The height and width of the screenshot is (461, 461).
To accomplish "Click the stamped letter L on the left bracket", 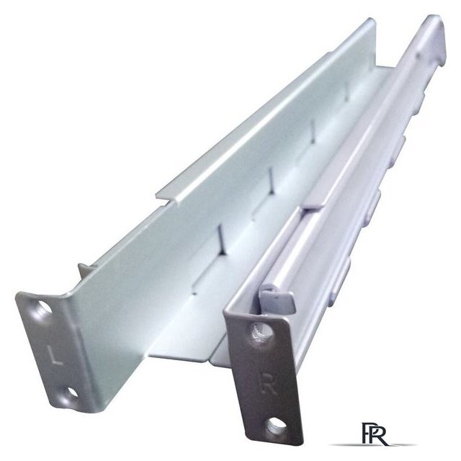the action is (55, 355).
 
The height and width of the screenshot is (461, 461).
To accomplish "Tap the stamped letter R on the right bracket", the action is (268, 384).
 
